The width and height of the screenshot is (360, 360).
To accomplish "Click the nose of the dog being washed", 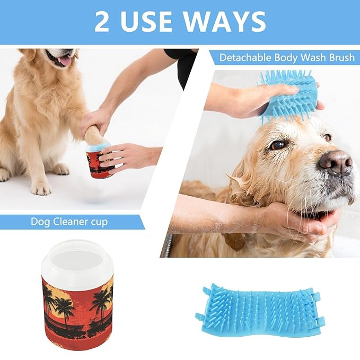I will point(336,161).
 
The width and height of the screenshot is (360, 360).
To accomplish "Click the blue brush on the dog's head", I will point(289,95).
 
